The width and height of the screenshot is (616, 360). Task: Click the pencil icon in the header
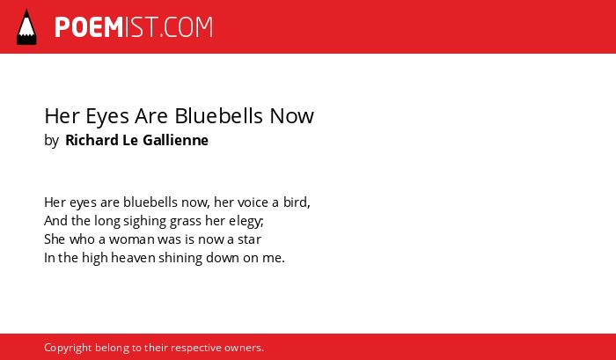pos(26,27)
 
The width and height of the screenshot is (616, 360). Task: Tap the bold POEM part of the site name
pos(89,27)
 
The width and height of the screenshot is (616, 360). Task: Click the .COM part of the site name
pos(187,27)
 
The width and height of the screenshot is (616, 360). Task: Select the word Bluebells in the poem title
pos(218,116)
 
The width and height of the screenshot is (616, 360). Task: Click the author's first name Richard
pos(92,140)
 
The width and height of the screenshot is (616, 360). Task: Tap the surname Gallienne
pos(175,140)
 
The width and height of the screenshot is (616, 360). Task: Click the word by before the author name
pos(51,141)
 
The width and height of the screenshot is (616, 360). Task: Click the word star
pos(249,239)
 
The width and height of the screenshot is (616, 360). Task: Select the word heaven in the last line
pos(133,258)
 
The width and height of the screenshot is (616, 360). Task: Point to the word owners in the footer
pos(242,349)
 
